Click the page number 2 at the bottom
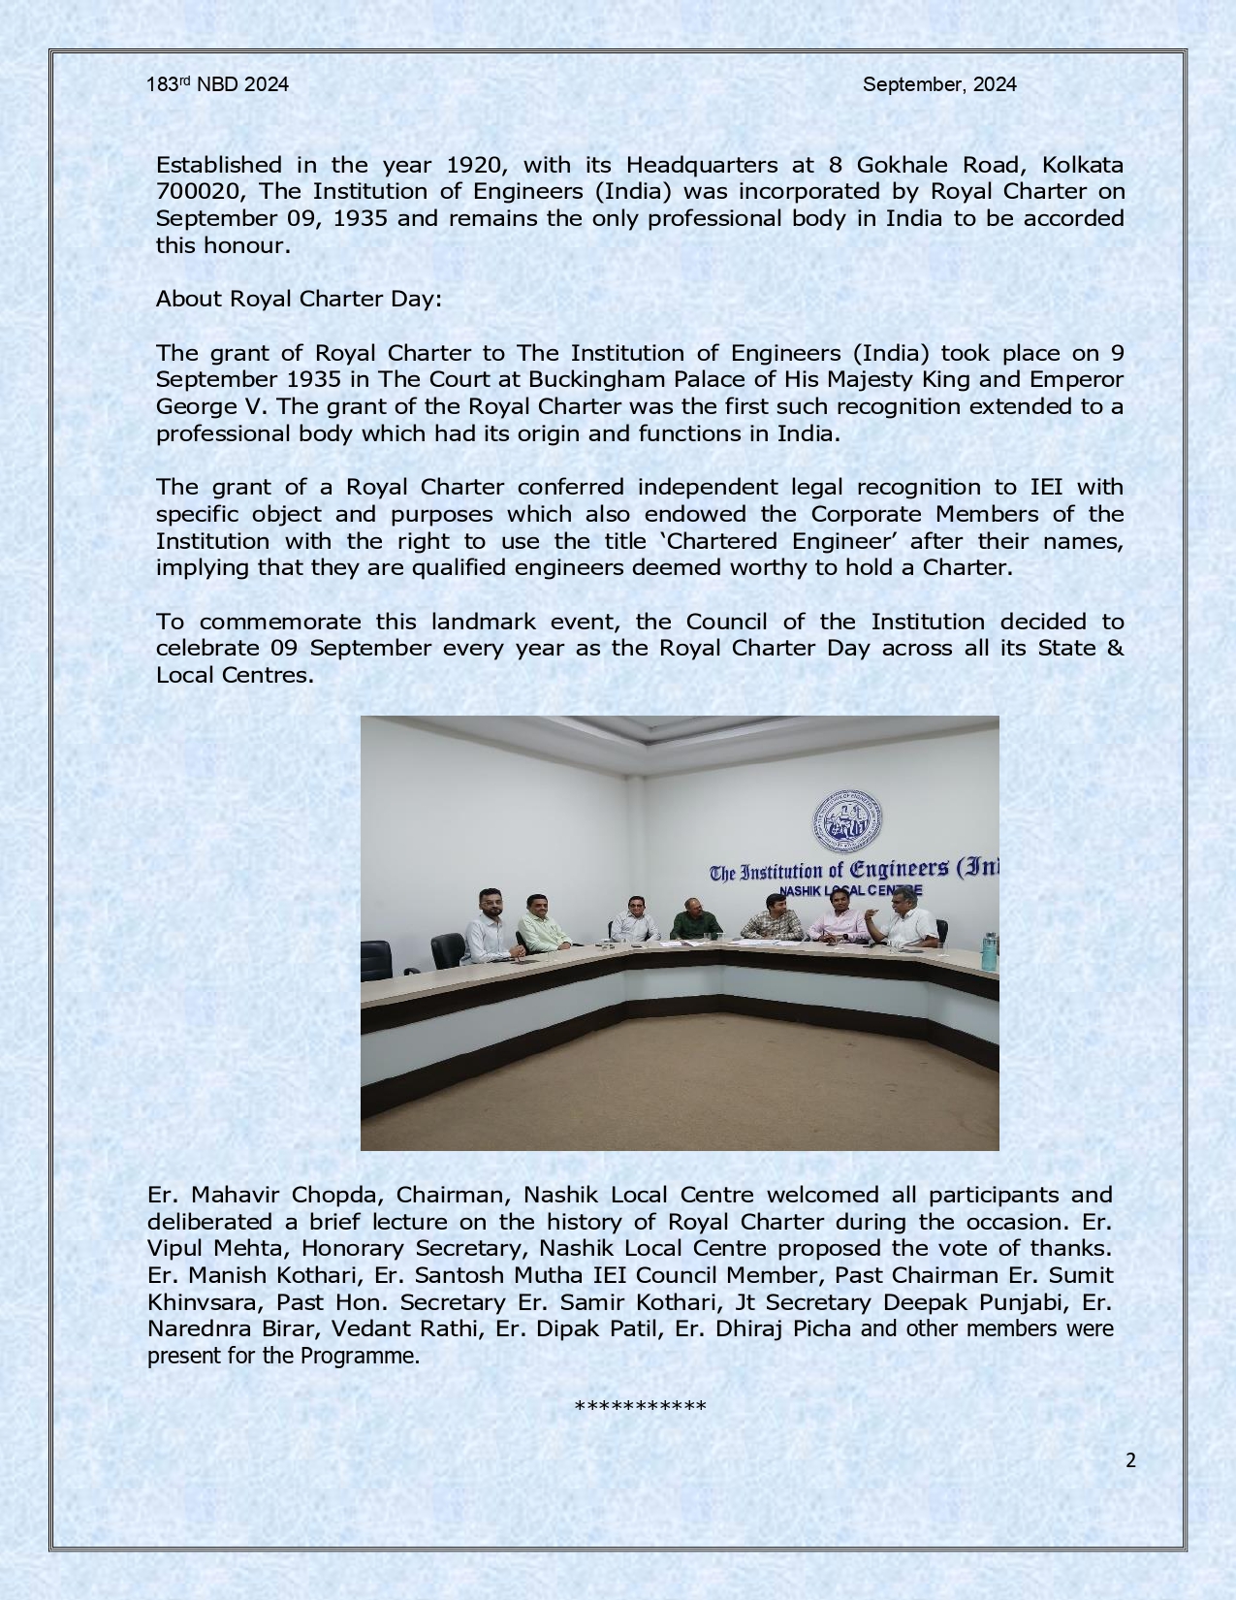[1130, 1460]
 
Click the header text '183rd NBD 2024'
[217, 84]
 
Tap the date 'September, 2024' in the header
[939, 84]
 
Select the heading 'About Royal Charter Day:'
[299, 299]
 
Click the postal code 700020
[199, 191]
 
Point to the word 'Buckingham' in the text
[590, 379]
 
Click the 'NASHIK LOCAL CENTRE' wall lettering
[850, 890]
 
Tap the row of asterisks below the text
[640, 1407]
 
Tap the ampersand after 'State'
[1115, 648]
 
